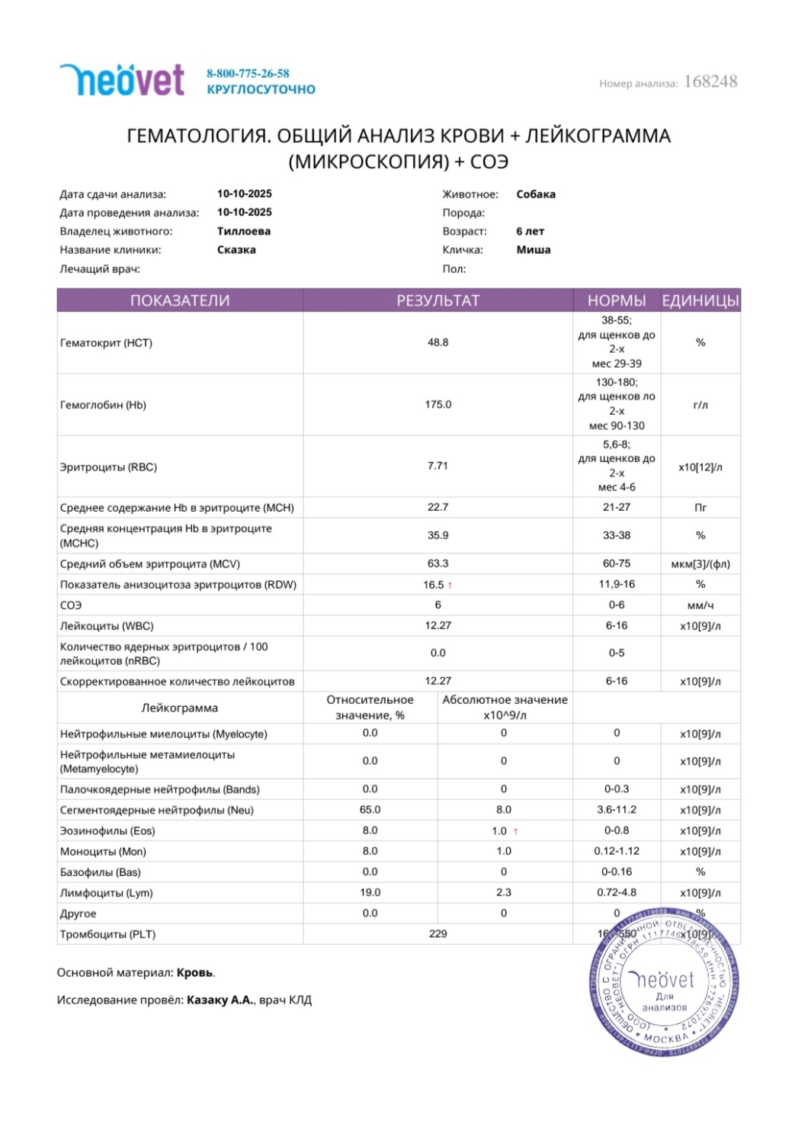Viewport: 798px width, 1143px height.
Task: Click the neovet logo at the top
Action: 122,80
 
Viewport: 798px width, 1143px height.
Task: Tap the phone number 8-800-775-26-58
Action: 248,73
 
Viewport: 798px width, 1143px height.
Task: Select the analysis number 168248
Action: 710,82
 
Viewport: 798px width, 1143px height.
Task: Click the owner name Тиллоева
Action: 244,231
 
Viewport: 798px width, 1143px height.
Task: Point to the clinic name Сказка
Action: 236,249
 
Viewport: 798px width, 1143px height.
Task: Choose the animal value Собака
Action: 536,194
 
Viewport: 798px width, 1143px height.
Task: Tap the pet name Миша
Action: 534,249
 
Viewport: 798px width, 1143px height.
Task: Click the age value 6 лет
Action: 530,231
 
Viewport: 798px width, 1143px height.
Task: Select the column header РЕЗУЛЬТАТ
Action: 437,300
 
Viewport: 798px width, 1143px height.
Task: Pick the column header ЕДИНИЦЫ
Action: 700,300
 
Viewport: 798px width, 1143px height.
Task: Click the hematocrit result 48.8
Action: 437,342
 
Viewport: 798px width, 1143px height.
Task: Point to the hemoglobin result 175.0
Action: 437,404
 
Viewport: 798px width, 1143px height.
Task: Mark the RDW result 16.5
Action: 433,585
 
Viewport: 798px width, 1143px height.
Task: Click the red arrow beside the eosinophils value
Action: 516,831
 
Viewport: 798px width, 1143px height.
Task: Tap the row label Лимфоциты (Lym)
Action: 107,893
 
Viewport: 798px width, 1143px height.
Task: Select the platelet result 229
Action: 437,933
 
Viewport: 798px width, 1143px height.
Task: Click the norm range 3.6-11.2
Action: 617,810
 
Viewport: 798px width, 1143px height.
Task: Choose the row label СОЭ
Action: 71,605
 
